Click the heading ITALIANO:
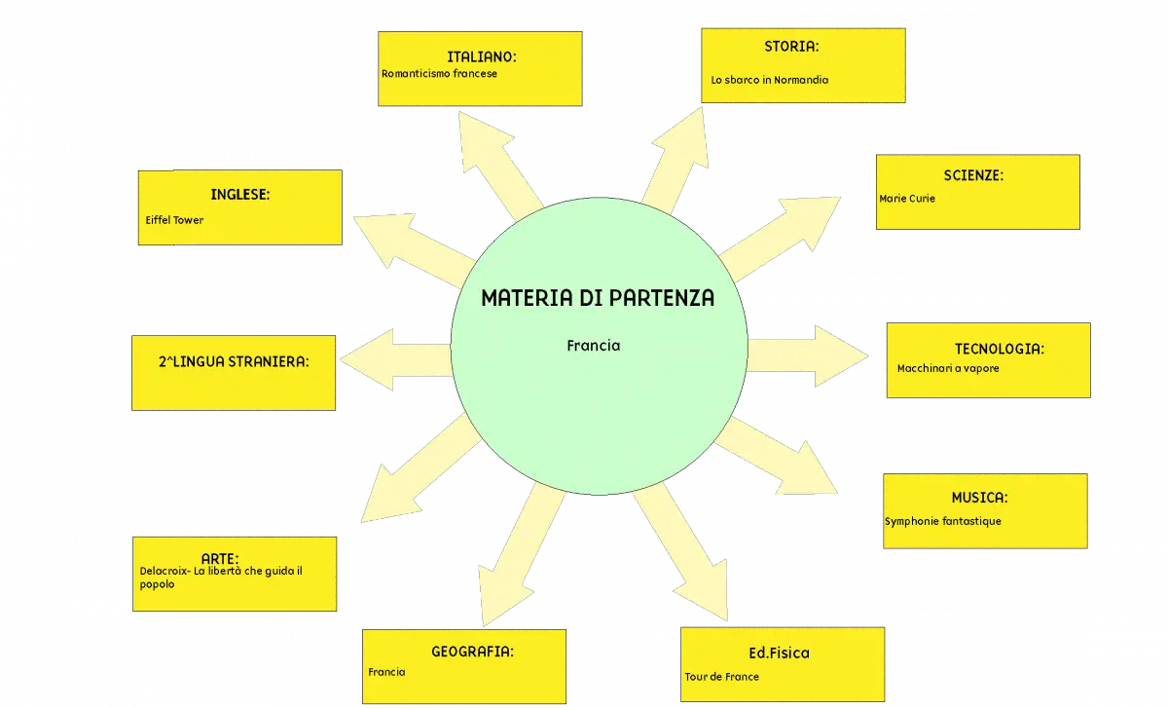pyautogui.click(x=481, y=56)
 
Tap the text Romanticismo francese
pyautogui.click(x=439, y=74)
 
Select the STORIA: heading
pyautogui.click(x=791, y=47)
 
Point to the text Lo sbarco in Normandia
pyautogui.click(x=769, y=80)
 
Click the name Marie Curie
pyautogui.click(x=907, y=199)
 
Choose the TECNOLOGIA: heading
pyautogui.click(x=1000, y=349)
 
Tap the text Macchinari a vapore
pyautogui.click(x=948, y=368)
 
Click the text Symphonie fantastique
pyautogui.click(x=943, y=521)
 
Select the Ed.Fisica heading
pyautogui.click(x=779, y=653)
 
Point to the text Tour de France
pyautogui.click(x=721, y=677)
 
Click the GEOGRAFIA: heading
pyautogui.click(x=472, y=652)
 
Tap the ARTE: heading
pyautogui.click(x=220, y=559)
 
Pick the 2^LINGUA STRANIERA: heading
pyautogui.click(x=234, y=361)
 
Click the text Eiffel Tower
pyautogui.click(x=174, y=220)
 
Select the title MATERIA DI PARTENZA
pyautogui.click(x=598, y=298)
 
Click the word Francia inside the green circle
pyautogui.click(x=594, y=346)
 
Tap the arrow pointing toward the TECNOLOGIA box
pyautogui.click(x=808, y=355)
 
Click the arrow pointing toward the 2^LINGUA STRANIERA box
pyautogui.click(x=396, y=359)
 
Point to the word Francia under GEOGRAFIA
pyautogui.click(x=386, y=672)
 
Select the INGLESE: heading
pyautogui.click(x=239, y=195)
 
